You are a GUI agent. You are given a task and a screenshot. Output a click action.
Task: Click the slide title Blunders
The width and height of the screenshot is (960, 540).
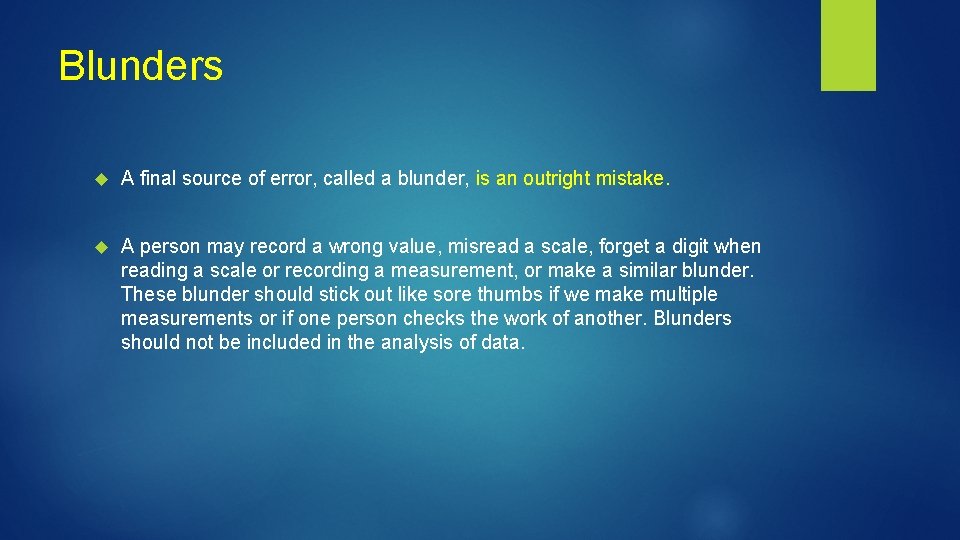(x=140, y=66)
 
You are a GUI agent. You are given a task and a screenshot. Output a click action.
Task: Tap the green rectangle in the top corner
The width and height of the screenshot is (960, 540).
(x=848, y=45)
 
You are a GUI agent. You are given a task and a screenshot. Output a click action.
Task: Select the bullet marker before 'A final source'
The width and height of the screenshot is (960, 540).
(x=99, y=179)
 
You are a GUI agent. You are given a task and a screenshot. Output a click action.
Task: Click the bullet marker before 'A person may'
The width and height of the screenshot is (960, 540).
(x=99, y=247)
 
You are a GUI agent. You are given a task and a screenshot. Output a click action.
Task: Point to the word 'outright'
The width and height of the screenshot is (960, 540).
(x=556, y=179)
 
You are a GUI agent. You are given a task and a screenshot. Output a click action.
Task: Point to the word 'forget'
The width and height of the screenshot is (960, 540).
(x=628, y=246)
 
